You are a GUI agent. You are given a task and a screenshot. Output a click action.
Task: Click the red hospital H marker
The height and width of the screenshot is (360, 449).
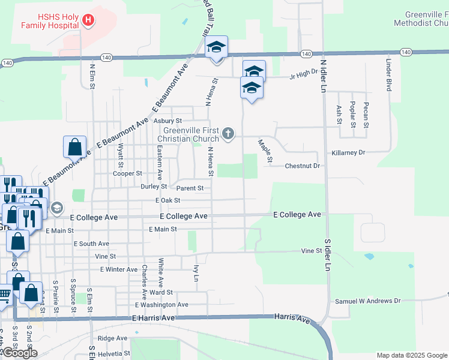pos(88,20)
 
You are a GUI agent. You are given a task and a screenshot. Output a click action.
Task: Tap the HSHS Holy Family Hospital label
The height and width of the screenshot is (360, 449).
pos(50,20)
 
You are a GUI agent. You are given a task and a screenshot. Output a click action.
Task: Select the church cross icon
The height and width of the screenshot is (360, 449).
pos(228,133)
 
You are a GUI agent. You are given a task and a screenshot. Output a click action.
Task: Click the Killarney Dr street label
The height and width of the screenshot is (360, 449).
pos(345,153)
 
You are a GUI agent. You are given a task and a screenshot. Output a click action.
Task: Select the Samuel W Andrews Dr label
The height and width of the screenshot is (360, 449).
pos(367,301)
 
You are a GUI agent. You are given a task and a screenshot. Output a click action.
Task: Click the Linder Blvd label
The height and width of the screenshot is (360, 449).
pos(389,75)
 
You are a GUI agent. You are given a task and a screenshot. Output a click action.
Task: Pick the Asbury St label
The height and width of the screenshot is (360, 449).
pos(167,120)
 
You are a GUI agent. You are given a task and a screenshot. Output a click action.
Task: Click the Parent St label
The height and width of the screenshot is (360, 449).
pos(190,188)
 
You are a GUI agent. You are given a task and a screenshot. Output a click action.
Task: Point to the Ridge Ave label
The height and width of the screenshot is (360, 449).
pos(112,338)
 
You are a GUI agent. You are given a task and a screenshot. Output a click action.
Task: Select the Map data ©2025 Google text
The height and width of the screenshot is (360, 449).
pos(411,355)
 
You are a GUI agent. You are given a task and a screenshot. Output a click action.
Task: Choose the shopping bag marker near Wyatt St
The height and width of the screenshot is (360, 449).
pos(74,147)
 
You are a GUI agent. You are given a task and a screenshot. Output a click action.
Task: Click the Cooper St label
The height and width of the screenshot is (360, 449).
pos(127,173)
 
